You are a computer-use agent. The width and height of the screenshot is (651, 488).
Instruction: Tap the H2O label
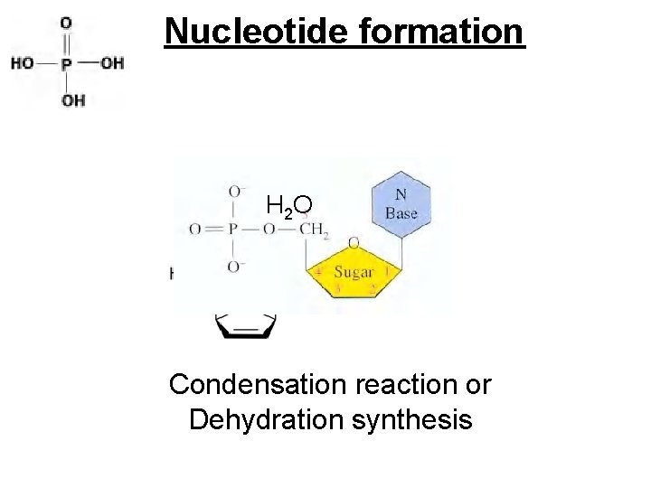pos(289,208)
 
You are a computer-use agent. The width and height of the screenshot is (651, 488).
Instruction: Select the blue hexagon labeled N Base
pos(401,205)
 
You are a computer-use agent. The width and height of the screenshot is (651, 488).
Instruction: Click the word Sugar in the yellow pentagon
pos(354,272)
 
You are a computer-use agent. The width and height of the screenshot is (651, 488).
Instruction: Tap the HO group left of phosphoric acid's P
pos(23,63)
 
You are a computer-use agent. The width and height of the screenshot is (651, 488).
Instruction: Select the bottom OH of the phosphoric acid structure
pos(72,100)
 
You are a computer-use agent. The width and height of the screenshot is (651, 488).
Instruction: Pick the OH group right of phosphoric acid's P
pos(112,63)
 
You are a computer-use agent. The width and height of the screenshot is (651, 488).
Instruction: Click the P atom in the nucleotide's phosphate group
pos(231,230)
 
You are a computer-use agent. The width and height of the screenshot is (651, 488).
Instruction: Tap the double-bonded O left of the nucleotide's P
pos(195,230)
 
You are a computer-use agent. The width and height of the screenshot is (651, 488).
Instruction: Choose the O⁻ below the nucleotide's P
pos(235,267)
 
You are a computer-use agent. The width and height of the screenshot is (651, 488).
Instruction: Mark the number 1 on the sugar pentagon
pos(387,269)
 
